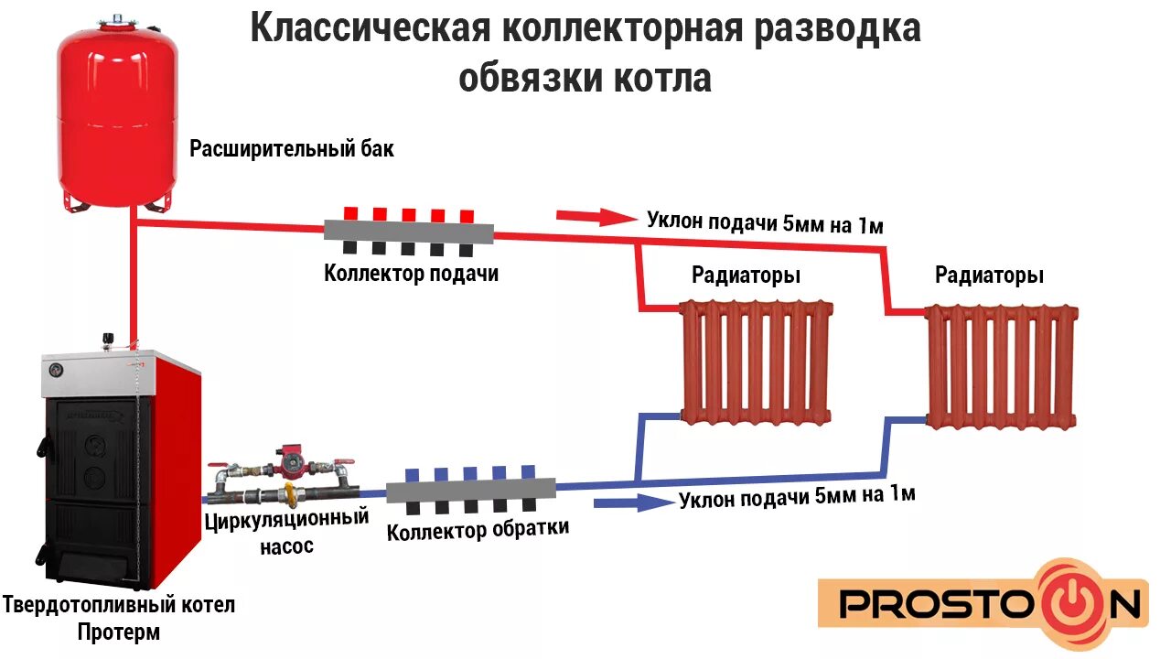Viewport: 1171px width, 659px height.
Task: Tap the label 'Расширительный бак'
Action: click(x=292, y=148)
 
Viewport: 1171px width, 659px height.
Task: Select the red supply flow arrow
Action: click(x=596, y=217)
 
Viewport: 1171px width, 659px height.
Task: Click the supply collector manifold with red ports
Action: click(x=409, y=230)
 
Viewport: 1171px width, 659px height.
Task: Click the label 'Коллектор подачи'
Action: click(x=411, y=273)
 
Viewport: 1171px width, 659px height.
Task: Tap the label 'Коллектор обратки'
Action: click(x=478, y=529)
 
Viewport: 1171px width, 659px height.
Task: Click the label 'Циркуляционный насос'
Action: click(x=286, y=530)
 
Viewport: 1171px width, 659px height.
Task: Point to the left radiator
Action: click(x=757, y=361)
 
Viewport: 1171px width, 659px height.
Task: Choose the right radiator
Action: click(x=1002, y=366)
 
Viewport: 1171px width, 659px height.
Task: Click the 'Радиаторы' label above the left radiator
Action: click(x=746, y=275)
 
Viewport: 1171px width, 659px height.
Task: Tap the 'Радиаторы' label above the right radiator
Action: click(x=989, y=275)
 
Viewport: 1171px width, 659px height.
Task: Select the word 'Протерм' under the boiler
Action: click(x=118, y=632)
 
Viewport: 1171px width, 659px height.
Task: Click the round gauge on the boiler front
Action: click(x=58, y=370)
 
